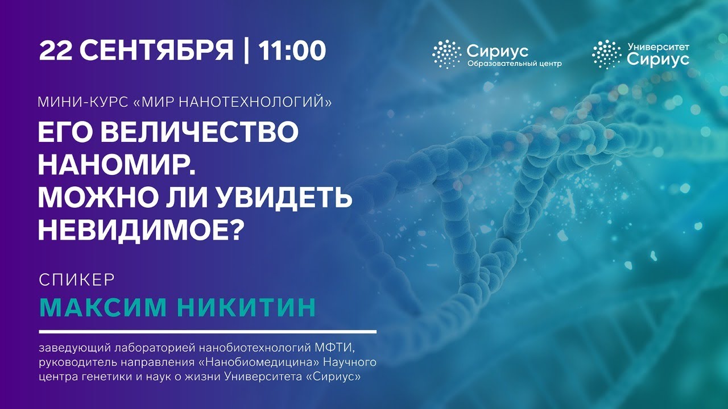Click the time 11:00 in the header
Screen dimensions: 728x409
pos(292,51)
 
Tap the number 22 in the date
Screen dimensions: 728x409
pos(55,51)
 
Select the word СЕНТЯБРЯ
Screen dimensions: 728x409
pos(156,51)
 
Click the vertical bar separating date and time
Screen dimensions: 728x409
pos(246,51)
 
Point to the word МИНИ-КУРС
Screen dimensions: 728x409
pos(83,102)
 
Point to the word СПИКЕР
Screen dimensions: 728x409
pos(77,280)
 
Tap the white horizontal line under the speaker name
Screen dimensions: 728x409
pos(208,332)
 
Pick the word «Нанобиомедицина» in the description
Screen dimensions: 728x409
pos(259,362)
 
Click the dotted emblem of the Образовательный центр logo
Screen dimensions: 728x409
pos(447,54)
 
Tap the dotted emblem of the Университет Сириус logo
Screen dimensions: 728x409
pos(607,54)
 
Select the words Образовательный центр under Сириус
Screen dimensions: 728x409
pos(515,64)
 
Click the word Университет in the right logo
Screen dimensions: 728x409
pos(658,47)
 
